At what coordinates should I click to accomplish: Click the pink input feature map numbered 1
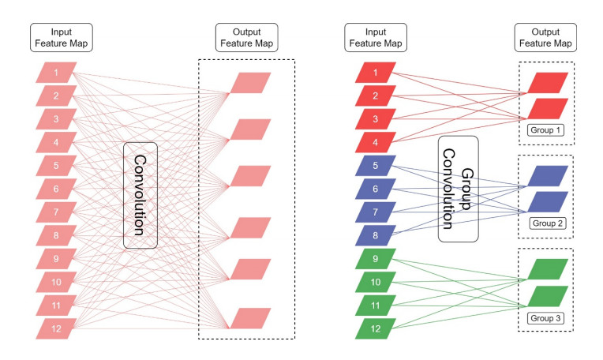click(x=56, y=74)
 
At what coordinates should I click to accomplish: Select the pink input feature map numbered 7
click(x=56, y=212)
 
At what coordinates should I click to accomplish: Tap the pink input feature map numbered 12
click(x=56, y=326)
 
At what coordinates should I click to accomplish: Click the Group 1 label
click(x=545, y=129)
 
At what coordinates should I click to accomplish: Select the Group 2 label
click(x=545, y=223)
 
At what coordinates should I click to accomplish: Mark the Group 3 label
click(x=545, y=317)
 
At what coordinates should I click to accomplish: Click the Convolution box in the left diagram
click(x=140, y=195)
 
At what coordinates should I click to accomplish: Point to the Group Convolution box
click(x=458, y=188)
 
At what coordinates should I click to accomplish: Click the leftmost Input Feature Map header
click(x=55, y=36)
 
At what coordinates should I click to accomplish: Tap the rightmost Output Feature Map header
click(x=545, y=36)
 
